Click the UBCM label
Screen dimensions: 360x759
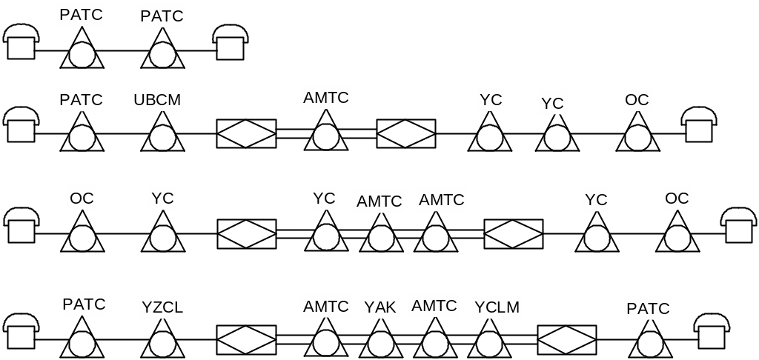pyautogui.click(x=157, y=99)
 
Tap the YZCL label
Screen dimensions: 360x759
pyautogui.click(x=162, y=306)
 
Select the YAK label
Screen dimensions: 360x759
pyautogui.click(x=380, y=306)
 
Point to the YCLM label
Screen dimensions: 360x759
pyautogui.click(x=497, y=306)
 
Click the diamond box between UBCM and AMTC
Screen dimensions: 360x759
pyautogui.click(x=246, y=133)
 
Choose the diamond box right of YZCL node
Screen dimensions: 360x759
pyautogui.click(x=246, y=339)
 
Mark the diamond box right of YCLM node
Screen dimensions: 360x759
pyautogui.click(x=567, y=339)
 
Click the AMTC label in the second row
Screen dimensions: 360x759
pyautogui.click(x=325, y=96)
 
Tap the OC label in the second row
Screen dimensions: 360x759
pyautogui.click(x=637, y=99)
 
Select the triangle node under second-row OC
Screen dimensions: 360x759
pyautogui.click(x=637, y=136)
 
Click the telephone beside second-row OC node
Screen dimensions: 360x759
pyautogui.click(x=700, y=125)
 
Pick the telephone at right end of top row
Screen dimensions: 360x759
pyautogui.click(x=230, y=43)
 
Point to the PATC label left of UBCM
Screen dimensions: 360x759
pyautogui.click(x=81, y=99)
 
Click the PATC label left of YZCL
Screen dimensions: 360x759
pyautogui.click(x=84, y=304)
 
